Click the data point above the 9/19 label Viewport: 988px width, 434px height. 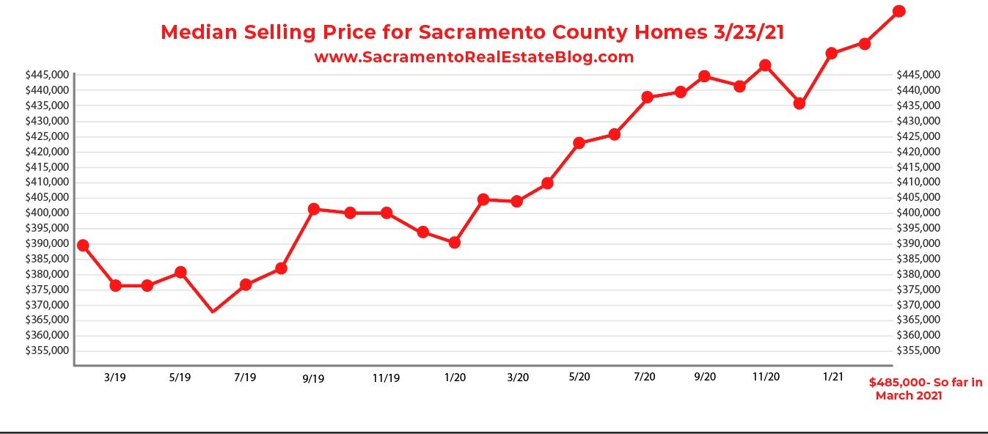tap(314, 209)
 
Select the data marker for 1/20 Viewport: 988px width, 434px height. tap(455, 242)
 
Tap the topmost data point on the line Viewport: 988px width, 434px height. tap(899, 11)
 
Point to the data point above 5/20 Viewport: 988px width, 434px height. tap(579, 143)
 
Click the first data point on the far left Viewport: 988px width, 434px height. tap(83, 245)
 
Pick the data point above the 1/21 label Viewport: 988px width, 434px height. tap(831, 54)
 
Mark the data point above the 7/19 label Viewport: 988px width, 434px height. tap(246, 284)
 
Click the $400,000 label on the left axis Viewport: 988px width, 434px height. tap(47, 213)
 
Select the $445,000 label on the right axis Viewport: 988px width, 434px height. tap(918, 75)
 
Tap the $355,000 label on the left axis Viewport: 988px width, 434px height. tap(47, 350)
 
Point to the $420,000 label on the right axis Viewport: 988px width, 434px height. tap(918, 152)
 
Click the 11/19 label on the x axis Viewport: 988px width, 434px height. tap(386, 378)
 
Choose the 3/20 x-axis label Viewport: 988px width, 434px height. tap(518, 378)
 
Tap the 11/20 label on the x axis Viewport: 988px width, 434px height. tap(766, 376)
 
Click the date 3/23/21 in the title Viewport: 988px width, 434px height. tap(747, 33)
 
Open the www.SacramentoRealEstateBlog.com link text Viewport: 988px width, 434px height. tap(474, 57)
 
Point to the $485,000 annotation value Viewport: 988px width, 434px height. tap(899, 383)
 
